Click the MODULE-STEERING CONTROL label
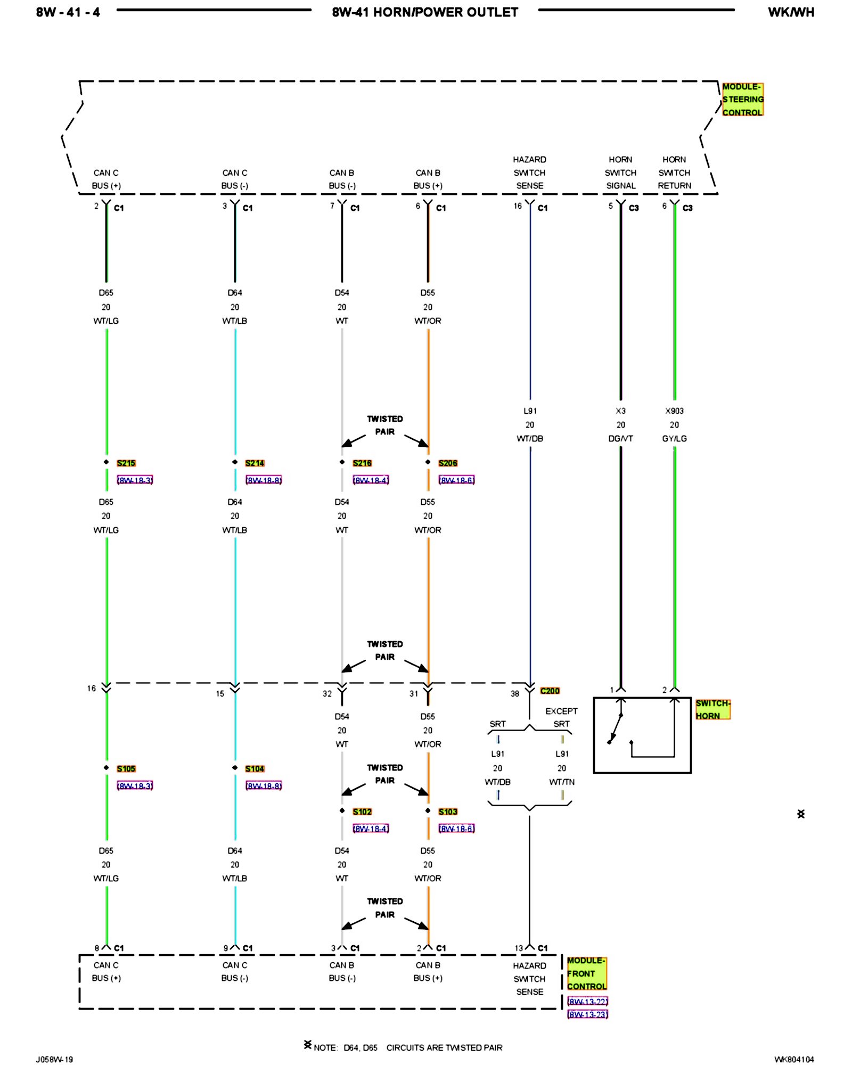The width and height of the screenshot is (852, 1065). click(x=742, y=100)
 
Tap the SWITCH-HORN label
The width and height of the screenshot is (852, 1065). click(x=712, y=709)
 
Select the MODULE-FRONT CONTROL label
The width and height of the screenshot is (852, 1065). click(x=586, y=973)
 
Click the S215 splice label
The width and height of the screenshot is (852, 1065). click(x=126, y=463)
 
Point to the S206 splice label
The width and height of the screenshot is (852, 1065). click(x=448, y=463)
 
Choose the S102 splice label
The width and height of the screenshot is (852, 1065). click(x=362, y=812)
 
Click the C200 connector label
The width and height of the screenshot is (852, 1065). click(x=550, y=691)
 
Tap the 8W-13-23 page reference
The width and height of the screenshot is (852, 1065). click(x=587, y=1014)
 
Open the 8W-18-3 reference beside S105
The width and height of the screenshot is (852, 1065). click(x=135, y=785)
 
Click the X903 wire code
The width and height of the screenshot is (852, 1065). click(x=674, y=411)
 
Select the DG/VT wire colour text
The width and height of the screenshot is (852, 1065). click(x=620, y=439)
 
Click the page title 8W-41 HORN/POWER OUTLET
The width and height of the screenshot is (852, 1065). click(x=424, y=12)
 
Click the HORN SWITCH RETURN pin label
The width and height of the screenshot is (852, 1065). click(x=674, y=173)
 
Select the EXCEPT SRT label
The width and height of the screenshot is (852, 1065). click(x=561, y=717)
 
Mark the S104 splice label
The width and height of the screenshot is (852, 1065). click(x=255, y=769)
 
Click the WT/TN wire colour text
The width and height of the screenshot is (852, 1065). click(x=562, y=782)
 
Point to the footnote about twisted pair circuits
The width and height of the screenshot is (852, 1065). click(x=407, y=1047)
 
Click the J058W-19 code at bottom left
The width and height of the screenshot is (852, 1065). click(x=54, y=1059)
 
